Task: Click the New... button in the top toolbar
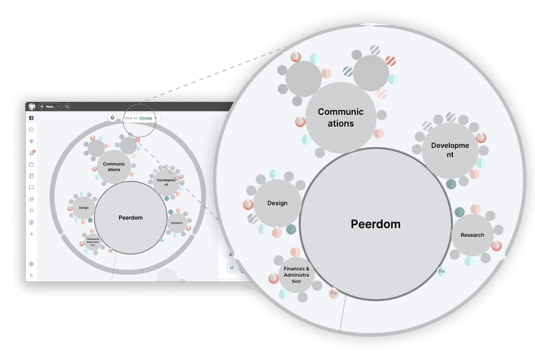[50, 106]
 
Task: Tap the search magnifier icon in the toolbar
[67, 106]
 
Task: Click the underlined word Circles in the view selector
[146, 118]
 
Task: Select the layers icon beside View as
[113, 118]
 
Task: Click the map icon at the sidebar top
[31, 118]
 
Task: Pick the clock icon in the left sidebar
[31, 130]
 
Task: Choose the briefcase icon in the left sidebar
[31, 164]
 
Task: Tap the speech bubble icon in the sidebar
[31, 188]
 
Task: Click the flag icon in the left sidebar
[31, 211]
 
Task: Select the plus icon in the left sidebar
[31, 234]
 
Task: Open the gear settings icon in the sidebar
[31, 264]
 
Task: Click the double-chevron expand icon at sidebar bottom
[31, 275]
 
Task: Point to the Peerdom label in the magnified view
[375, 224]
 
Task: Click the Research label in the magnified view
[472, 235]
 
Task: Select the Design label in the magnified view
[277, 203]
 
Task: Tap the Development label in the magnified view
[450, 150]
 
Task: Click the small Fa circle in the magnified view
[334, 293]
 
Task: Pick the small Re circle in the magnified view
[442, 271]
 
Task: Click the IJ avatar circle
[232, 267]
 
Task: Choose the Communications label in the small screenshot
[114, 167]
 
